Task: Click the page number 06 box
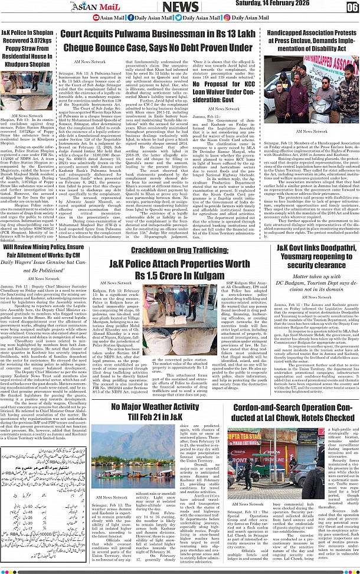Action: point(352,7)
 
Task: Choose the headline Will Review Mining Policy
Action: point(44,252)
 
